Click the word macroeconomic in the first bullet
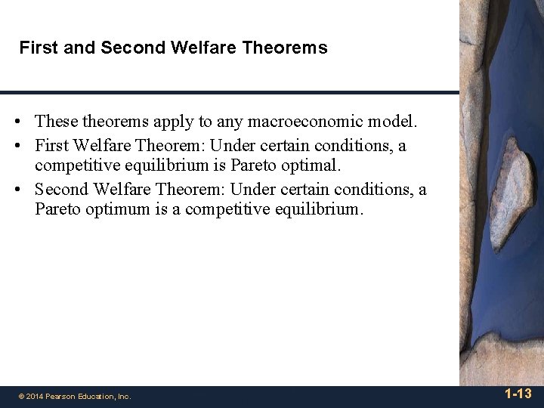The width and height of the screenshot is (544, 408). click(x=324, y=121)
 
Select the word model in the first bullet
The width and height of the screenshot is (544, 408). click(x=397, y=121)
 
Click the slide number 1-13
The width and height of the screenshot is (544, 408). click(x=518, y=394)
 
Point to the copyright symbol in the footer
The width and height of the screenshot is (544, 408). click(x=22, y=396)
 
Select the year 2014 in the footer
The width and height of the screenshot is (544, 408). click(x=36, y=396)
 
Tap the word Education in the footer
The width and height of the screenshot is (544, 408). click(x=94, y=396)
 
